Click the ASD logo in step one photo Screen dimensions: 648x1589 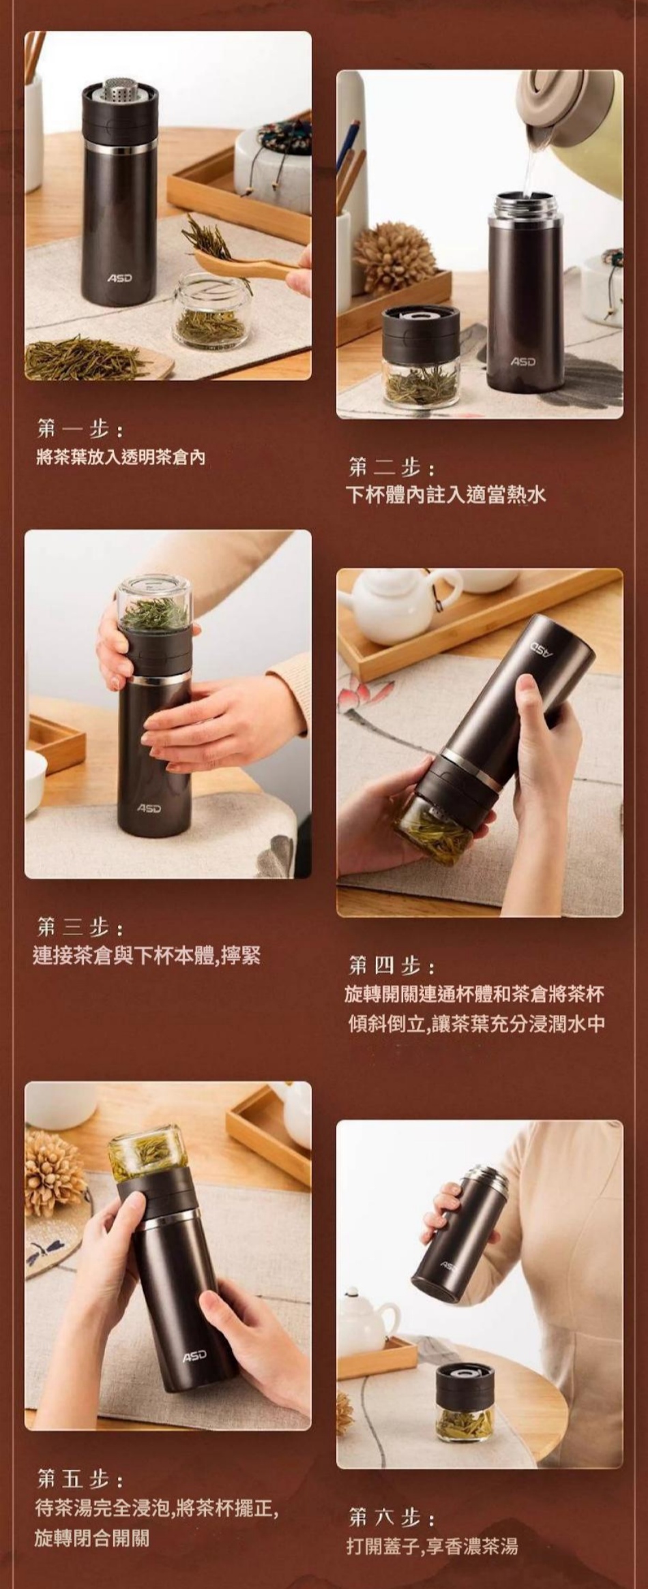119,278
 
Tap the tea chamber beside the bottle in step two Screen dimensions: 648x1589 420,357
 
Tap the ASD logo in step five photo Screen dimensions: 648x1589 194,1358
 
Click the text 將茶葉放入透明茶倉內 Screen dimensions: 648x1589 121,457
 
